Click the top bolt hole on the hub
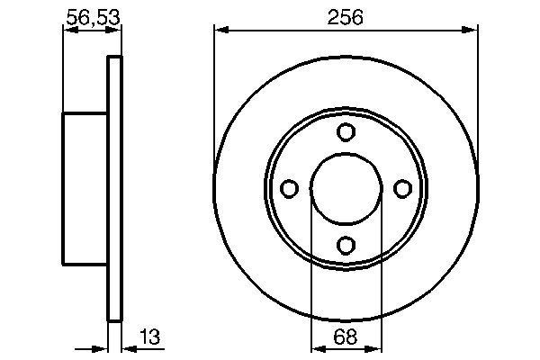[346, 132]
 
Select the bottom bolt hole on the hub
[346, 244]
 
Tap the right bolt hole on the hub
[401, 188]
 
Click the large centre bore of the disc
[346, 188]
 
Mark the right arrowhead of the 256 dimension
[470, 31]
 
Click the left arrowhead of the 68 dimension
[317, 348]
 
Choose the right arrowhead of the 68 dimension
[374, 348]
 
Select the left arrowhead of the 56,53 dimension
[68, 31]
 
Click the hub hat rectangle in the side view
[85, 188]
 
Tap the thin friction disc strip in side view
[114, 188]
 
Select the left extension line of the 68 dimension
[311, 270]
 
